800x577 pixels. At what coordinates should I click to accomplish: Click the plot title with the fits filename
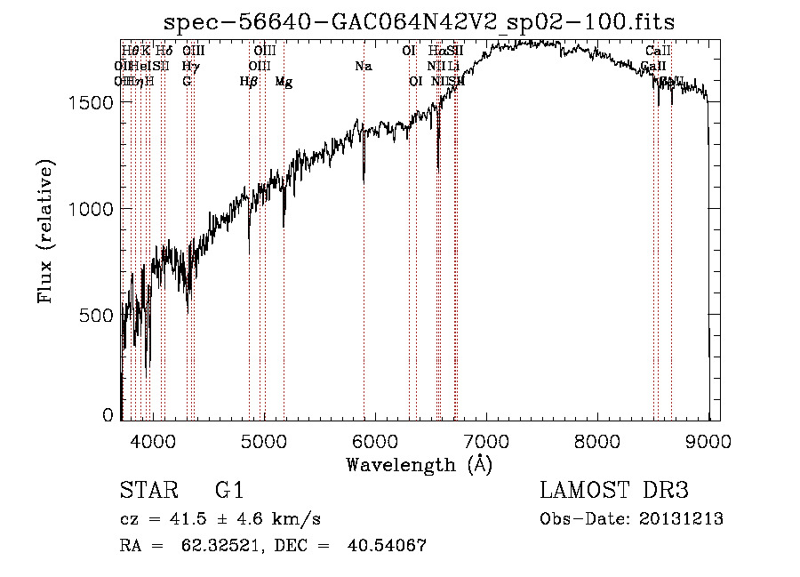tap(420, 23)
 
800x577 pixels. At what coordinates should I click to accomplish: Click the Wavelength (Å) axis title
tap(419, 464)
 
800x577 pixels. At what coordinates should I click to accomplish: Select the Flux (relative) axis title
tap(46, 231)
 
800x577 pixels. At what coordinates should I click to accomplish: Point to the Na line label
tap(363, 67)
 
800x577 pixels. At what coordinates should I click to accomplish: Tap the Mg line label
tap(284, 82)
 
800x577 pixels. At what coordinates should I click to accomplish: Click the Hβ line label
tap(249, 82)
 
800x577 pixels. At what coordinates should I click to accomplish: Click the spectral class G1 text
tap(228, 491)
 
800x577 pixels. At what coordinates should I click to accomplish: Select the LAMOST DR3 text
tap(614, 491)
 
